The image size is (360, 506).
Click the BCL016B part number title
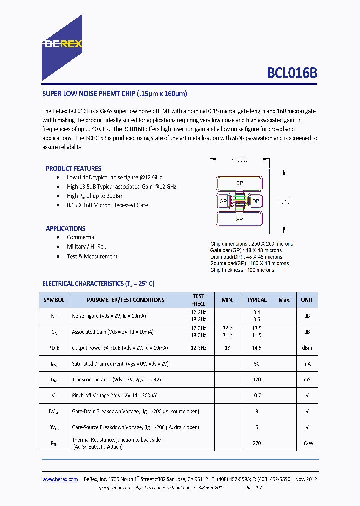coord(292,73)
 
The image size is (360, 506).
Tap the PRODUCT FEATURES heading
coord(73,169)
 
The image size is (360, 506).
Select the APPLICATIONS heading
coord(65,228)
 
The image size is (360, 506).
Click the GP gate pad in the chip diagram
coord(223,201)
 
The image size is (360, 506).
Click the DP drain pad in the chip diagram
coord(255,201)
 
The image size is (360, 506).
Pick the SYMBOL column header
coord(54,300)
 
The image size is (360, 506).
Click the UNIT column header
coord(307,300)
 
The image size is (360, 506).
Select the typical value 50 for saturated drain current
coord(257,364)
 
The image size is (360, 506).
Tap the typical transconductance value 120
coord(257,380)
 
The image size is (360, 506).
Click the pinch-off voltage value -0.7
coord(257,395)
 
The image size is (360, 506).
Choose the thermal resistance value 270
coord(257,443)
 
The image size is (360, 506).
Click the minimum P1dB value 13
coord(227,347)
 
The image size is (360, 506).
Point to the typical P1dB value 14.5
coord(257,347)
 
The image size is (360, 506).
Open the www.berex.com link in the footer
coord(60,479)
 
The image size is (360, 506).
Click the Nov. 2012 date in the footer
coord(306,479)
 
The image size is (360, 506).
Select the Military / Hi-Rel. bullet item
coord(86,247)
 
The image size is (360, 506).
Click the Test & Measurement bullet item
coord(92,256)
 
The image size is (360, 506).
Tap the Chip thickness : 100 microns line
coord(242,270)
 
